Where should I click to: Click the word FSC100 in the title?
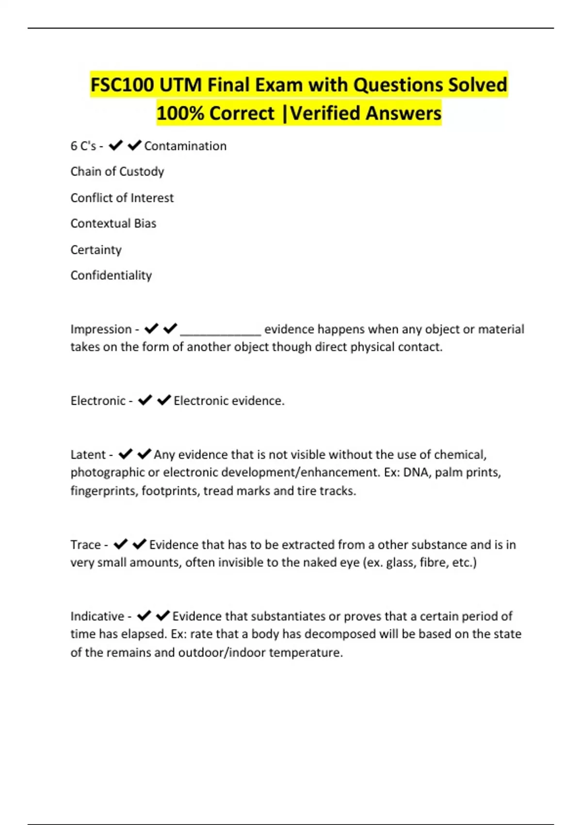pos(122,85)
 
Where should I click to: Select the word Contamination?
pos(185,146)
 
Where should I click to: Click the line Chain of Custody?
pos(117,172)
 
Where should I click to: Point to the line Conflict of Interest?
pos(122,198)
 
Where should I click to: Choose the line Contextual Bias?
pos(113,224)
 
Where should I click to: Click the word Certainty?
pos(96,250)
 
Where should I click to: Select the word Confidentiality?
pos(111,276)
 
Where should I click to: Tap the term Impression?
pos(101,330)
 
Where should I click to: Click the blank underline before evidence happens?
pos(221,331)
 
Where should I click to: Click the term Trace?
pos(85,545)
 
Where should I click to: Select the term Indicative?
pos(97,616)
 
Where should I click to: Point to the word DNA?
pos(416,473)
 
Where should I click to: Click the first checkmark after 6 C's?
pos(115,145)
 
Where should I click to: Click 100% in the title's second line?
pos(180,114)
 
